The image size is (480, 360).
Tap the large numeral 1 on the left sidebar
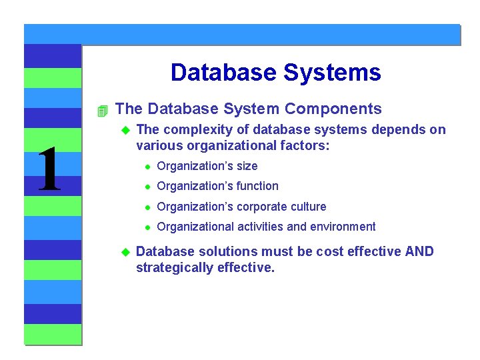tap(49, 170)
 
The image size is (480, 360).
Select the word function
tap(255, 186)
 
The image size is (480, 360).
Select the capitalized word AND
tap(418, 251)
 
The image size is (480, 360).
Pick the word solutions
tap(227, 251)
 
